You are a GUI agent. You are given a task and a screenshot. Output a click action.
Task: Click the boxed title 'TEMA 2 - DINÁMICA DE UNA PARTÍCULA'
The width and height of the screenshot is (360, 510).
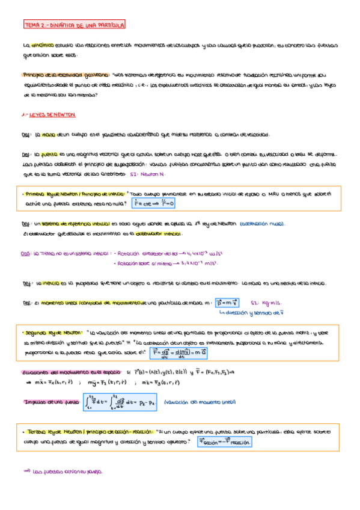74,26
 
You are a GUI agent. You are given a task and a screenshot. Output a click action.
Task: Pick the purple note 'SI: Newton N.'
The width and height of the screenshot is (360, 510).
147,174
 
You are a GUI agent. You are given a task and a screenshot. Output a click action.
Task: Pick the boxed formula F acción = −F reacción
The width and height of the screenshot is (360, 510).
224,441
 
